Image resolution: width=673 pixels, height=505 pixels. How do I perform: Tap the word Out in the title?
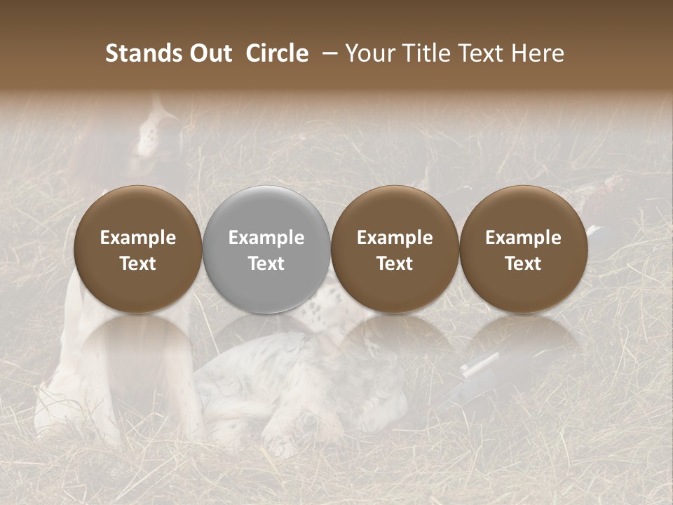coord(209,53)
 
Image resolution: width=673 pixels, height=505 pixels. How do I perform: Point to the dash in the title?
coord(327,54)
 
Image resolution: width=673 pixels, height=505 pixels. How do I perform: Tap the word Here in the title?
coord(538,53)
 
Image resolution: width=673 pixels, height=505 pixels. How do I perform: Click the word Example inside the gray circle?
coord(266,238)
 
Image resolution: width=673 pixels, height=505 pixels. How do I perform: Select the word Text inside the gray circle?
coord(266,264)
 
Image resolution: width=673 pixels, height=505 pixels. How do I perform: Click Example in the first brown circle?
coord(138,238)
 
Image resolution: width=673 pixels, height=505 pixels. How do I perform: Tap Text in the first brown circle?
coord(138,264)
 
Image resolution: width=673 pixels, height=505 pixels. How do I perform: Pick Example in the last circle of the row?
coord(524,238)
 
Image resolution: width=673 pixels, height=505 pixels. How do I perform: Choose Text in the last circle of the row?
coord(524,264)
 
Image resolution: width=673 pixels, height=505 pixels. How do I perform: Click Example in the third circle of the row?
coord(395,238)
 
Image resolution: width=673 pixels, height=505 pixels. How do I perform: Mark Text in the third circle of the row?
coord(395,264)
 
